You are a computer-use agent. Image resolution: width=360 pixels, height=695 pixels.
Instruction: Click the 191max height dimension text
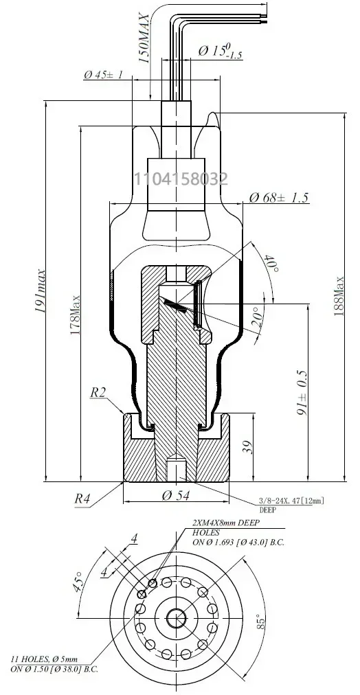pos(41,290)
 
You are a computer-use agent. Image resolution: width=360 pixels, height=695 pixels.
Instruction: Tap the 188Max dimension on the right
pos(339,295)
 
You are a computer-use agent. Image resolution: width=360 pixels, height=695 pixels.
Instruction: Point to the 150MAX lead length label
pos(144,38)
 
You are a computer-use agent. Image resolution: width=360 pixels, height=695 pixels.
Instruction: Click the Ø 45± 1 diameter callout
pos(103,74)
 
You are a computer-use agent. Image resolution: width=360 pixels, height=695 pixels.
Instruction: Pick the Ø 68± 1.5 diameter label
pos(278,198)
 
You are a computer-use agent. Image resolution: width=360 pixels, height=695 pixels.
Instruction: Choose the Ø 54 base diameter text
pos(176,496)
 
